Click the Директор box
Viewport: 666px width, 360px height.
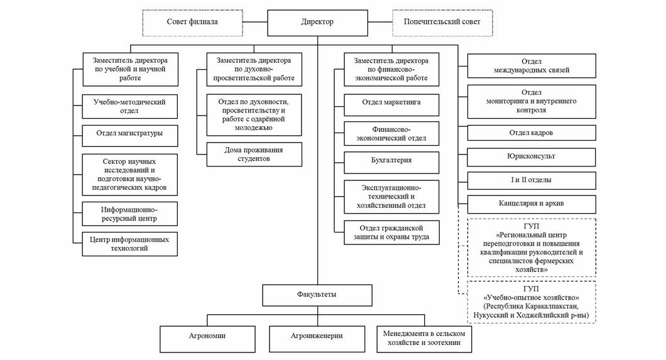coord(317,22)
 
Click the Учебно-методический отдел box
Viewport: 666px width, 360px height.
coord(129,106)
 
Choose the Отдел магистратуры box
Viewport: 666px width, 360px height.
coord(129,133)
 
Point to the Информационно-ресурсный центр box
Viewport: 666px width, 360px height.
coord(129,214)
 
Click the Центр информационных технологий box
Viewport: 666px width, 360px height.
coord(129,243)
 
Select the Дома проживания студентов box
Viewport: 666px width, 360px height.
coord(254,155)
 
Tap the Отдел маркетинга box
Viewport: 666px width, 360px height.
coord(391,102)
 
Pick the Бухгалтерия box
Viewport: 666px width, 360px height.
coord(391,160)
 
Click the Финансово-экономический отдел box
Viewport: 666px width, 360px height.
coord(391,134)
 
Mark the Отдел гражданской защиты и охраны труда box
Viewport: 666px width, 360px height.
coord(391,232)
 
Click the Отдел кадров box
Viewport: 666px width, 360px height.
coord(532,133)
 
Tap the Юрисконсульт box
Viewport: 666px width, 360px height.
coord(532,156)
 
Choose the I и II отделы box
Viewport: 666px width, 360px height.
coord(532,180)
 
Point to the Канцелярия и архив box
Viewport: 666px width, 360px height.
coord(532,204)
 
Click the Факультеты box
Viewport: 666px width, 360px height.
coord(317,294)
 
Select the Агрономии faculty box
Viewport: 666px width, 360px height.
coord(207,338)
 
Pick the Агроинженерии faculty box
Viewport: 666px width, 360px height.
coord(317,338)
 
